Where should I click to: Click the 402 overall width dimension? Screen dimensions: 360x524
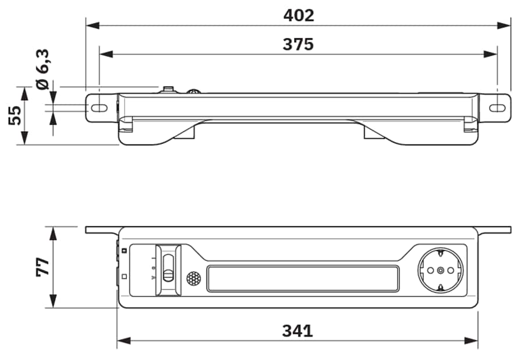298,16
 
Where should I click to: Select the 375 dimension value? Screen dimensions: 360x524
298,44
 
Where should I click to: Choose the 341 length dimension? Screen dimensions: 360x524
298,331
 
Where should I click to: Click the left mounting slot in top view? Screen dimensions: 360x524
100,108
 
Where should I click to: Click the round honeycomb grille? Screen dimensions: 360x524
193,278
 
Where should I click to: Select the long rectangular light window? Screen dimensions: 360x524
303,278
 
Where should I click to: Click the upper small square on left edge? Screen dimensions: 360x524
124,250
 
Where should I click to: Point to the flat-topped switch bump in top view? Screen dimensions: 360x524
169,90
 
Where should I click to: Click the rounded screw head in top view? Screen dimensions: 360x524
193,91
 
